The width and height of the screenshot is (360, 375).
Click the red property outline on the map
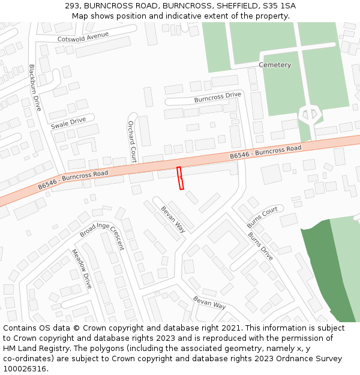tap(180, 179)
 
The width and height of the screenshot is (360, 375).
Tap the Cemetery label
tap(275, 65)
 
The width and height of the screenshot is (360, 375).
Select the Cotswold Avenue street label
tap(83, 38)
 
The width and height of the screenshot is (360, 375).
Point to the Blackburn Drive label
tap(35, 88)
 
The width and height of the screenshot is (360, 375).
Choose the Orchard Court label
tap(133, 141)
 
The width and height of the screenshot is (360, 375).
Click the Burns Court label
tap(262, 217)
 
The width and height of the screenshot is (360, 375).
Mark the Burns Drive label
tap(260, 246)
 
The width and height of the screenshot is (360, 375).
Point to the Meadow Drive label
tap(82, 268)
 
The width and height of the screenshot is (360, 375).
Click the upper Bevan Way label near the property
tap(173, 219)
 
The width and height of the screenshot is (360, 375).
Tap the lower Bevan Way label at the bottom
tap(209, 302)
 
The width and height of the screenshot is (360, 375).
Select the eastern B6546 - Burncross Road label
tap(265, 152)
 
